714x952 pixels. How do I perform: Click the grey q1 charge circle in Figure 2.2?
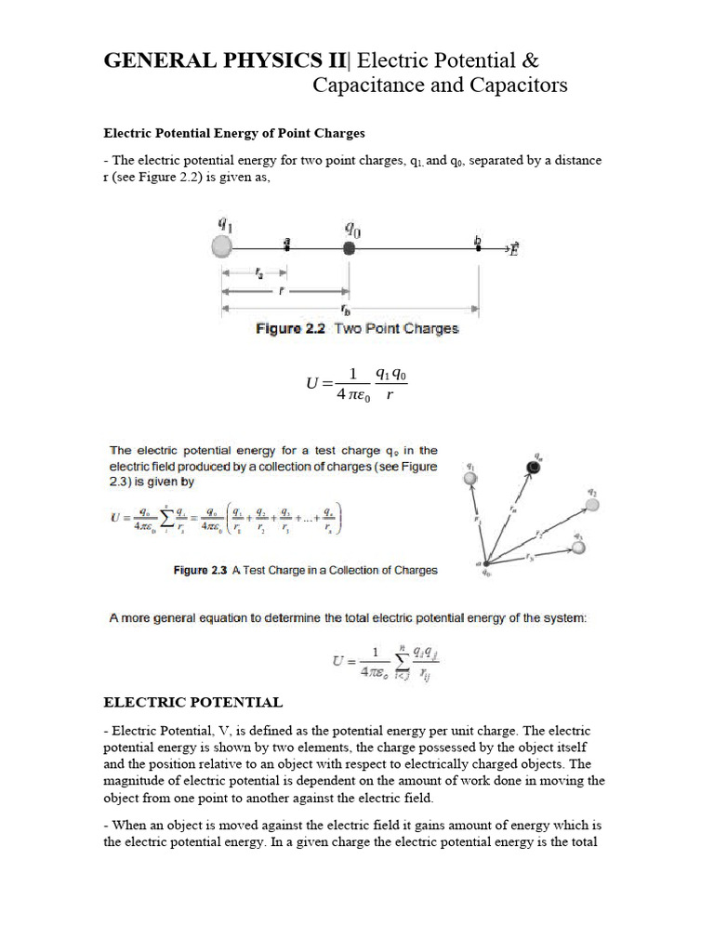[x=221, y=247]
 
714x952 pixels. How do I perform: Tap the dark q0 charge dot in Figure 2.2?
[x=349, y=248]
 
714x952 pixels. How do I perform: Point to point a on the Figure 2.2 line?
[x=286, y=245]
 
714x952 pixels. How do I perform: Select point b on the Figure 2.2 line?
[x=478, y=245]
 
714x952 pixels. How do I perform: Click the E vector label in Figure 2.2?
[x=513, y=248]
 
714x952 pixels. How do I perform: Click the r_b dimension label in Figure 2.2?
[x=346, y=310]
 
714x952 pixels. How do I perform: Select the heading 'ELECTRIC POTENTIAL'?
[x=192, y=702]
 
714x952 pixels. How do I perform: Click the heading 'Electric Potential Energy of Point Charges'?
[x=227, y=133]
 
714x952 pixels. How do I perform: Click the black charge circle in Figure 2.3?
[x=534, y=467]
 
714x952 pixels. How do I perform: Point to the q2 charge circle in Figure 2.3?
[x=590, y=505]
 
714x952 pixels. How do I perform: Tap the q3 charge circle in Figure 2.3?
[x=579, y=548]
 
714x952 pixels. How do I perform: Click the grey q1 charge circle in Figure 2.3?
[x=471, y=478]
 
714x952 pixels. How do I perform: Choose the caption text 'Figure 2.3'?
[x=200, y=570]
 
